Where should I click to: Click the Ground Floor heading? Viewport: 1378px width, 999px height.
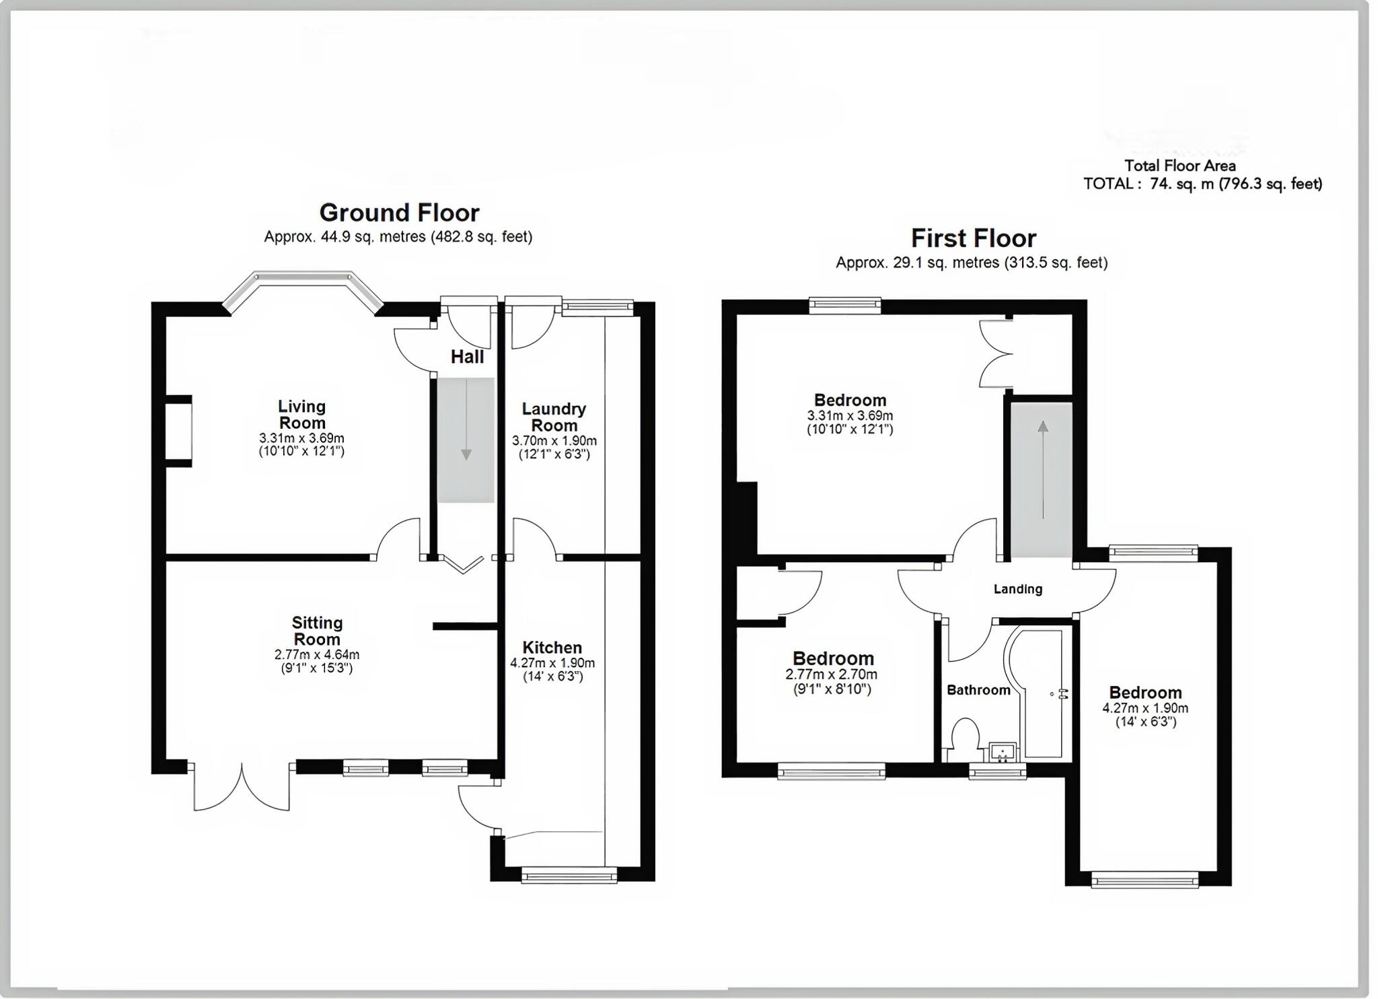pyautogui.click(x=399, y=213)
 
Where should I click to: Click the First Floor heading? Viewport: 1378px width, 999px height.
pyautogui.click(x=973, y=238)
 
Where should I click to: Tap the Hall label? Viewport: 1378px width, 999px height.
pyautogui.click(x=467, y=357)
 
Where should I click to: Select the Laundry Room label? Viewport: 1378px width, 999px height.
pyautogui.click(x=554, y=417)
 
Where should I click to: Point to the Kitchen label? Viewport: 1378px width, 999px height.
pyautogui.click(x=552, y=648)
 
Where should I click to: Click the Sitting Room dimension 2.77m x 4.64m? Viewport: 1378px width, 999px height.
pyautogui.click(x=316, y=654)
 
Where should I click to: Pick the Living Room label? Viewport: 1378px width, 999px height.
pyautogui.click(x=302, y=415)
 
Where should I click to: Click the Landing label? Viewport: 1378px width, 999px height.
pyautogui.click(x=1017, y=589)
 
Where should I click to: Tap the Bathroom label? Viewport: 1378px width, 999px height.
pyautogui.click(x=978, y=690)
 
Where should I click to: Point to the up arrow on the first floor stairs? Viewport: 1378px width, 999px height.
pyautogui.click(x=1043, y=427)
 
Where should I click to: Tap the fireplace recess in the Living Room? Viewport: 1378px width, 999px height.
pyautogui.click(x=179, y=431)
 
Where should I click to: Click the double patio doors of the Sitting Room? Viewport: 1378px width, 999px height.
pyautogui.click(x=242, y=788)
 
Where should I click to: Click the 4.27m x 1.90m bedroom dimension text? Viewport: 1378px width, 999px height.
pyautogui.click(x=1145, y=708)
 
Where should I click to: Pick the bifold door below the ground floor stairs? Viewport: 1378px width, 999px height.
pyautogui.click(x=462, y=564)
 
